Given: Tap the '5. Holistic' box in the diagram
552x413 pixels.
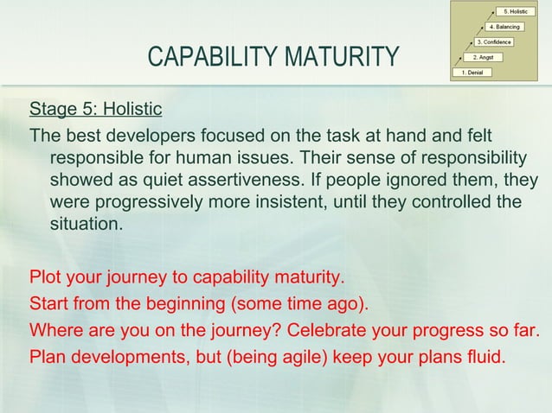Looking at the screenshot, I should tap(517, 11).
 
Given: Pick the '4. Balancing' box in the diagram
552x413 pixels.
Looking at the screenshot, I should tap(504, 27).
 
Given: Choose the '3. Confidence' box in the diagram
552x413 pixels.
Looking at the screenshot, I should tap(494, 41).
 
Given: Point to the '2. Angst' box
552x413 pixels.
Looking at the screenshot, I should tap(482, 57).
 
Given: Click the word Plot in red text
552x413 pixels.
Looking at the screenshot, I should tap(45, 280).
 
